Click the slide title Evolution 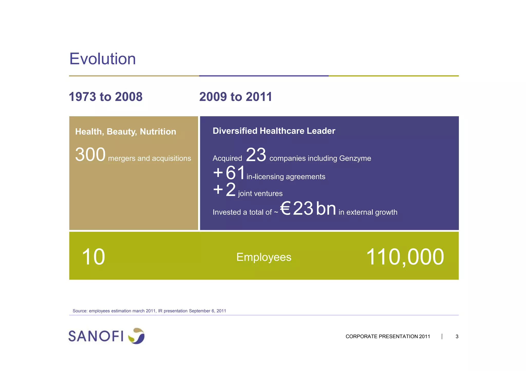[102, 59]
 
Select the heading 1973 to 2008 [106, 97]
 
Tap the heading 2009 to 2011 [236, 97]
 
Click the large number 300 [90, 155]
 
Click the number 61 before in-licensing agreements [235, 173]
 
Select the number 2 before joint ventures [231, 190]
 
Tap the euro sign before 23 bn [285, 208]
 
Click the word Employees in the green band [264, 257]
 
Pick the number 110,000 [405, 257]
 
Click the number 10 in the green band [93, 257]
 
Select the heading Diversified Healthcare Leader [274, 131]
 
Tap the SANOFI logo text [96, 336]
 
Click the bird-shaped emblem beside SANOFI [137, 336]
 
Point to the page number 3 [457, 337]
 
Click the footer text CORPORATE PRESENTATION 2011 [388, 337]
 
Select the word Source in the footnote [80, 311]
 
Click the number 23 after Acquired [256, 155]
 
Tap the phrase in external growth [368, 212]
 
